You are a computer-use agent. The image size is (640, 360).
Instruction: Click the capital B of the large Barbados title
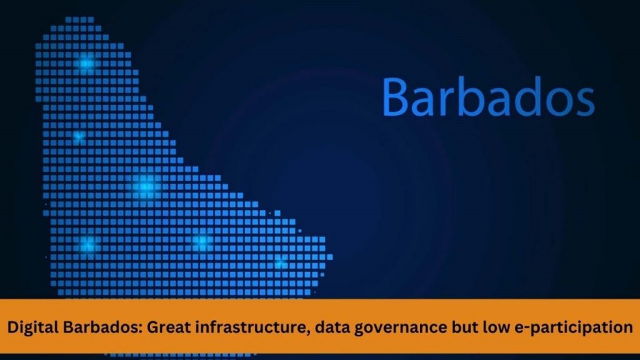pyautogui.click(x=395, y=97)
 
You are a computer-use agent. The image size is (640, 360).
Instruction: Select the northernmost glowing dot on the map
pyautogui.click(x=86, y=63)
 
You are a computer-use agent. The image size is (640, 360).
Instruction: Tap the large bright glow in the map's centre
pyautogui.click(x=146, y=187)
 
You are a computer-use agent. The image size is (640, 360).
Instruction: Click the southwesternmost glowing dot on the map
pyautogui.click(x=87, y=244)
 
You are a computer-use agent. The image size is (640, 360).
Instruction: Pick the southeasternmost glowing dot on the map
pyautogui.click(x=280, y=262)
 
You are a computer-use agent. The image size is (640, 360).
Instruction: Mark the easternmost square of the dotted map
pyautogui.click(x=330, y=257)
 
